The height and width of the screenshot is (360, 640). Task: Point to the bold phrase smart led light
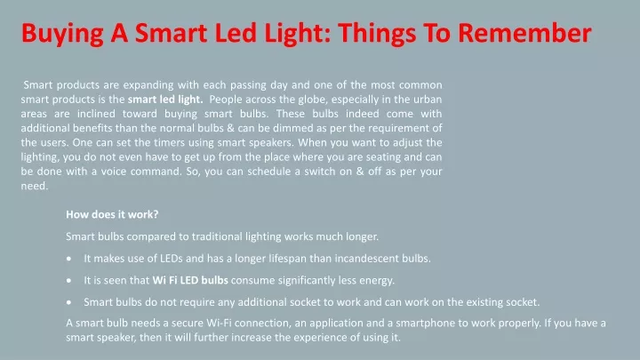pos(165,100)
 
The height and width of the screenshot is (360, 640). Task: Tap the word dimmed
pos(293,128)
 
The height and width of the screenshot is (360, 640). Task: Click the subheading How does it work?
pos(112,214)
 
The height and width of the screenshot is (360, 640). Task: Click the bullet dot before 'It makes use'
pos(69,259)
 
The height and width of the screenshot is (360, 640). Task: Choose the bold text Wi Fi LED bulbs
pos(190,280)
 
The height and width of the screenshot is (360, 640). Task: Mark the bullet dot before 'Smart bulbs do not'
pos(69,302)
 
